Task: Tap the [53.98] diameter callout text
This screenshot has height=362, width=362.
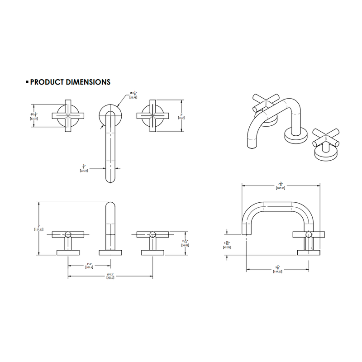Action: (x=133, y=97)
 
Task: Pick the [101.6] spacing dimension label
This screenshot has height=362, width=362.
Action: (x=90, y=267)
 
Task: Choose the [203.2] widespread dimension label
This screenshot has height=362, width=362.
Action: (x=110, y=278)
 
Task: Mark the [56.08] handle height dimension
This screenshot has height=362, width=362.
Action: (x=185, y=245)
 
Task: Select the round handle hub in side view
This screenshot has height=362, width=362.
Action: (x=309, y=234)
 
